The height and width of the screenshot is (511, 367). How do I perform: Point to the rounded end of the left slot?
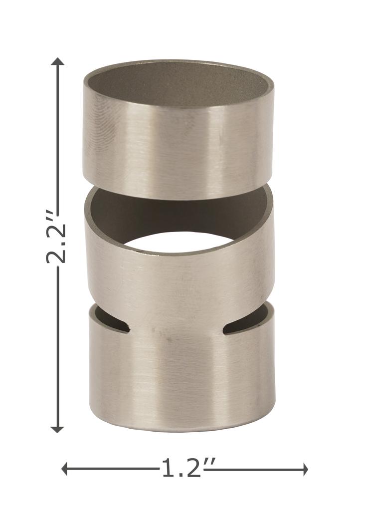click(128, 328)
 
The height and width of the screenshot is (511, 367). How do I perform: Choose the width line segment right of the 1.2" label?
click(259, 469)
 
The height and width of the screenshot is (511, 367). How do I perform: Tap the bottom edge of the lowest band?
click(182, 429)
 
